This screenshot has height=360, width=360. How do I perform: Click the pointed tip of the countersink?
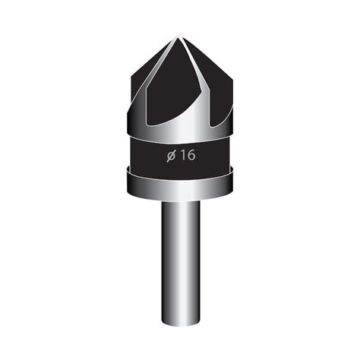(x=179, y=35)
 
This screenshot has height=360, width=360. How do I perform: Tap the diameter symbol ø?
(x=171, y=156)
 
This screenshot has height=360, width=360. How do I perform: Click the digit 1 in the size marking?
(x=182, y=155)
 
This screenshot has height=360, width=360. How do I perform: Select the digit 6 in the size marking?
(x=191, y=155)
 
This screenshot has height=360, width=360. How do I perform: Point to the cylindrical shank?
(x=181, y=264)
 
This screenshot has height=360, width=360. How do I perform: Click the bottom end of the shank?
(x=181, y=325)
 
